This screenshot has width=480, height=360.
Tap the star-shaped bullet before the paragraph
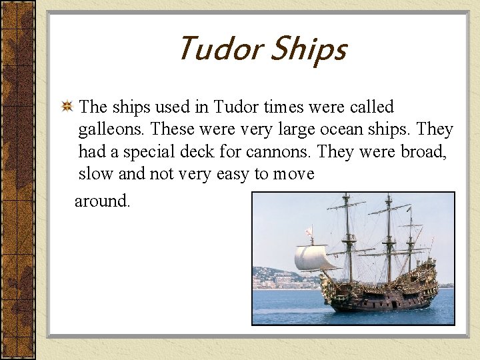click(67, 107)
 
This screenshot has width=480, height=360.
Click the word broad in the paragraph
click(423, 151)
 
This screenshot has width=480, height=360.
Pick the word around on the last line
click(102, 201)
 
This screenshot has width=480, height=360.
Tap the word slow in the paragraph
click(95, 174)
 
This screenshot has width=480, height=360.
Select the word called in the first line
click(371, 107)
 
